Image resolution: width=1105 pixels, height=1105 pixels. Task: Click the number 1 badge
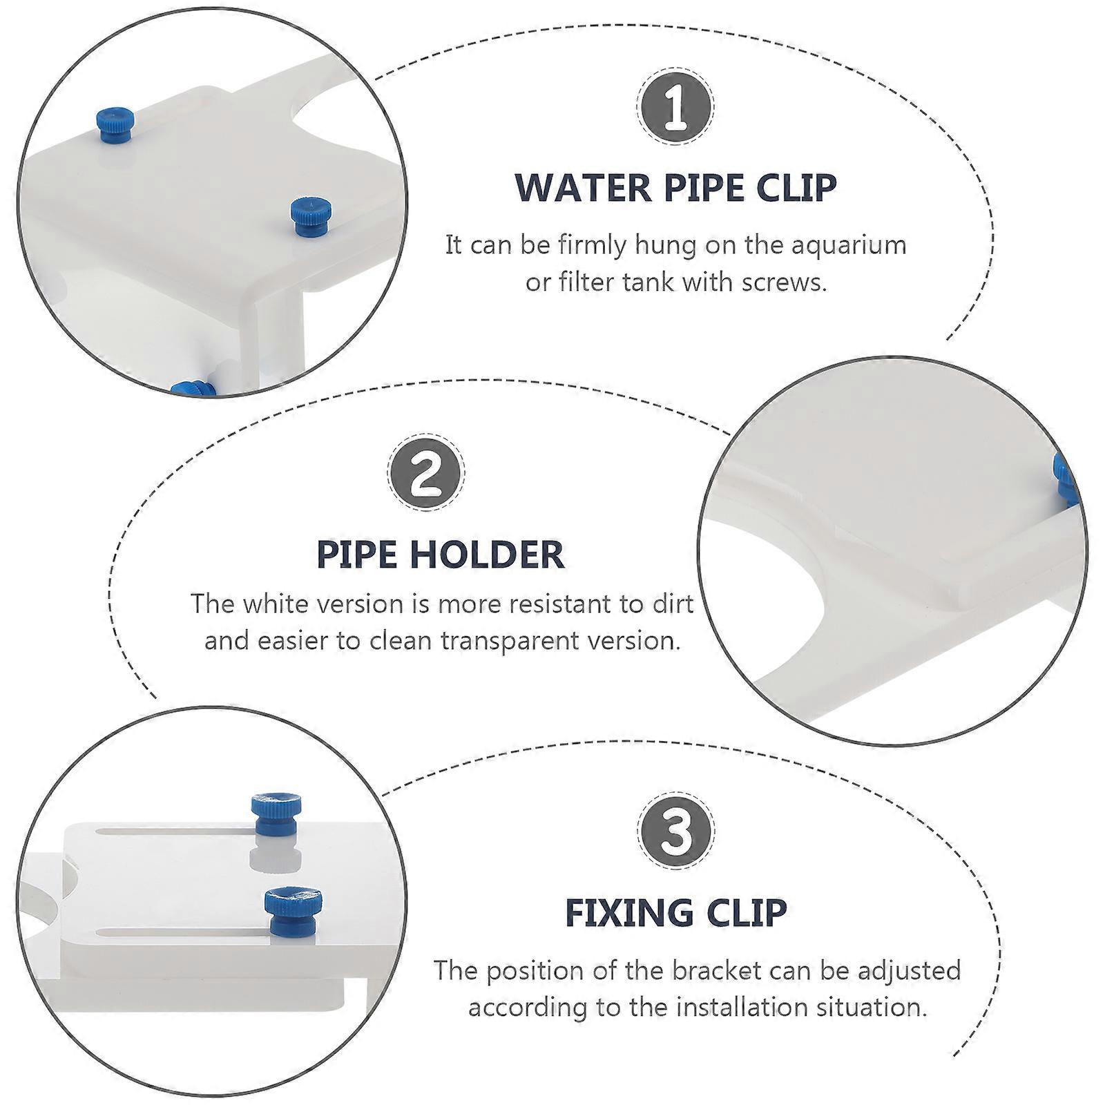coord(675,106)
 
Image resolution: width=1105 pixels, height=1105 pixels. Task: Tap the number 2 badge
coord(426,472)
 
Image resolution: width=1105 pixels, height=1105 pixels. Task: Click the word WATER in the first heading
coord(582,188)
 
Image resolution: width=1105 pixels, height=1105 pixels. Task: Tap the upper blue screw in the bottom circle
coord(276,814)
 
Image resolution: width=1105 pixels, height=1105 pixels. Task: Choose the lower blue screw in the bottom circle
coord(294,912)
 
